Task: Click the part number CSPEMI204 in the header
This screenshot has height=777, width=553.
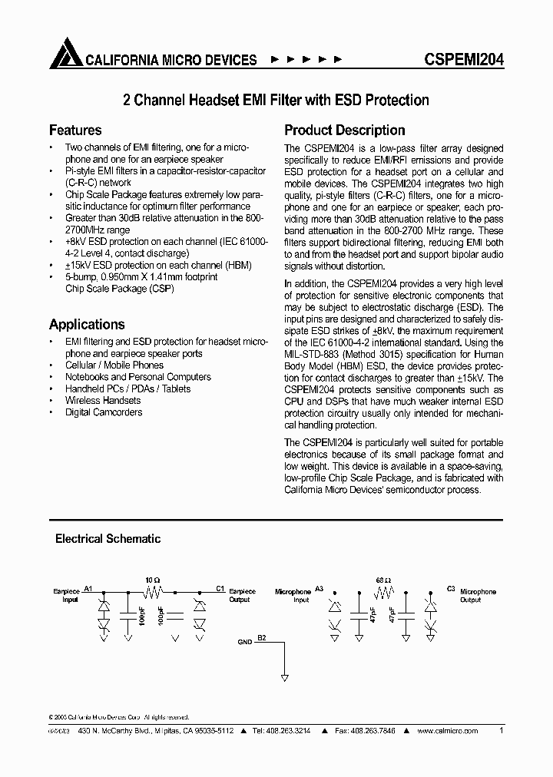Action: click(x=464, y=60)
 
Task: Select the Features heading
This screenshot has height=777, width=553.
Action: click(x=75, y=130)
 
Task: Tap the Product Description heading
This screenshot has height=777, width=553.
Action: click(x=344, y=130)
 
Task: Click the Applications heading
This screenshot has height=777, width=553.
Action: click(x=87, y=324)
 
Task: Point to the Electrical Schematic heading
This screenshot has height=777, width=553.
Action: click(x=108, y=539)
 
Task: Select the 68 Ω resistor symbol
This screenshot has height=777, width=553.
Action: click(x=382, y=592)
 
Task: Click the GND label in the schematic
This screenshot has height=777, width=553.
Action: click(x=244, y=640)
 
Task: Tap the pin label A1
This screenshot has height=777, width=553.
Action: click(x=88, y=588)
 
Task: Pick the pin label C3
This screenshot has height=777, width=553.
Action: click(x=451, y=588)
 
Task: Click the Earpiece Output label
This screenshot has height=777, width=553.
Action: click(x=240, y=596)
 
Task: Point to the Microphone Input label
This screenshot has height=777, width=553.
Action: click(x=293, y=596)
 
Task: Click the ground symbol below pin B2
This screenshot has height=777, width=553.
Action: click(x=284, y=678)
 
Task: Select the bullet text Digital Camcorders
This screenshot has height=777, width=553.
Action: click(x=104, y=412)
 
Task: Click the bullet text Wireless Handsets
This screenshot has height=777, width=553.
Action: click(x=103, y=400)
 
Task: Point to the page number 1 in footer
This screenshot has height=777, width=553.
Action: click(x=502, y=731)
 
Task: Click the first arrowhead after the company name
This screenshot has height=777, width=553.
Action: click(x=276, y=60)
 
